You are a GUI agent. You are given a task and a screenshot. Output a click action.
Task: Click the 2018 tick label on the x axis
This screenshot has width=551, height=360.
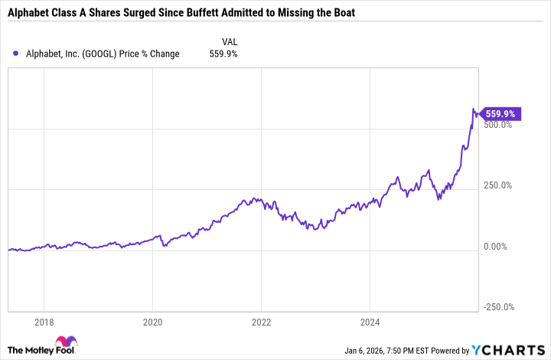44,322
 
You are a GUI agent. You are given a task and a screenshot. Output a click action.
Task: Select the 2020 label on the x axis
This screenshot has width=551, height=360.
152,322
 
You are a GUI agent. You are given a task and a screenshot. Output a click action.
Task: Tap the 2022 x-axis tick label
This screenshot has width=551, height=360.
261,322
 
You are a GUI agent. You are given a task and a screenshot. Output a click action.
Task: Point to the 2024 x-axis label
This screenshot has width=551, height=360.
370,322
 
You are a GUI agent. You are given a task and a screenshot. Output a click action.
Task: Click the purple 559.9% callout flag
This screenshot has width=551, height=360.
502,114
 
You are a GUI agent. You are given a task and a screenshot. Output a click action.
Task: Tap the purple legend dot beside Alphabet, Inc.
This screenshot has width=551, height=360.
16,54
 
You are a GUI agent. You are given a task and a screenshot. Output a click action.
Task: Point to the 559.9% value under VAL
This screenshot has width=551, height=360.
223,54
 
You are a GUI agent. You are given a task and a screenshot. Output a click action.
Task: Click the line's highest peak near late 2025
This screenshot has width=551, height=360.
474,109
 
